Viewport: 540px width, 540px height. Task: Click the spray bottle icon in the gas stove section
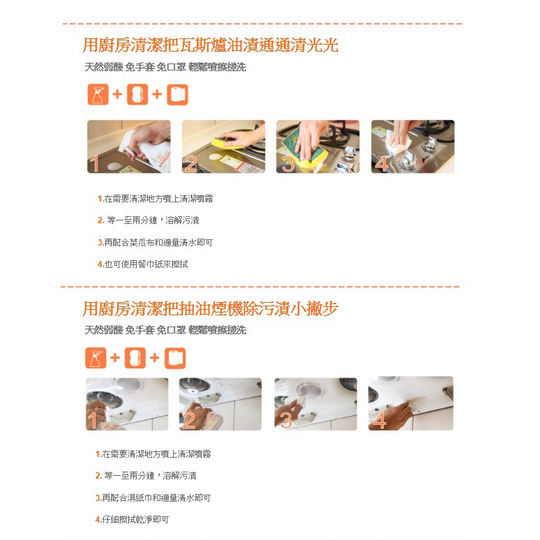click(98, 94)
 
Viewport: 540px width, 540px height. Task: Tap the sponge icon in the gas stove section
click(137, 94)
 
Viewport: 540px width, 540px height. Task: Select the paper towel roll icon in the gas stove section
click(177, 94)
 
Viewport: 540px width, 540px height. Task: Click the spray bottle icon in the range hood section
click(96, 358)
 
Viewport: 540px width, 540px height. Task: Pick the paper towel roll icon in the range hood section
click(175, 358)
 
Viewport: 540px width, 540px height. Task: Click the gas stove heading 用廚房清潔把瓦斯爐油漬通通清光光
click(211, 45)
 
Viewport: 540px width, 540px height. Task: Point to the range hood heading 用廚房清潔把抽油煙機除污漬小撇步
click(211, 308)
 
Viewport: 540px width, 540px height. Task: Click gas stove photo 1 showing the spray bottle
click(129, 147)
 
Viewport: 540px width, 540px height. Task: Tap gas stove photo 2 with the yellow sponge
click(223, 147)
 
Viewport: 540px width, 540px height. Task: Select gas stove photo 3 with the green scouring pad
click(318, 147)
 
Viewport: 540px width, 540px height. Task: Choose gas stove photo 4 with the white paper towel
click(412, 147)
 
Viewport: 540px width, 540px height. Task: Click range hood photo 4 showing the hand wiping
click(410, 403)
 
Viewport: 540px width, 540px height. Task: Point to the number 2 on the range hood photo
click(189, 421)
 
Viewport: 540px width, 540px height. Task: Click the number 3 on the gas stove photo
click(288, 164)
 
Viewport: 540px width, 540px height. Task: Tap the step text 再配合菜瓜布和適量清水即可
click(156, 243)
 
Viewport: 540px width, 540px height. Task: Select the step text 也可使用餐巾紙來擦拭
click(143, 264)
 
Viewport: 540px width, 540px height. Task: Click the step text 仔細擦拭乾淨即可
click(133, 519)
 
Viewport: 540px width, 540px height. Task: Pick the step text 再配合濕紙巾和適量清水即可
click(153, 497)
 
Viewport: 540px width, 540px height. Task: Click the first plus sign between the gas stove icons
click(117, 94)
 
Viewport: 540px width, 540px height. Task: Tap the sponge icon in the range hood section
click(135, 358)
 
